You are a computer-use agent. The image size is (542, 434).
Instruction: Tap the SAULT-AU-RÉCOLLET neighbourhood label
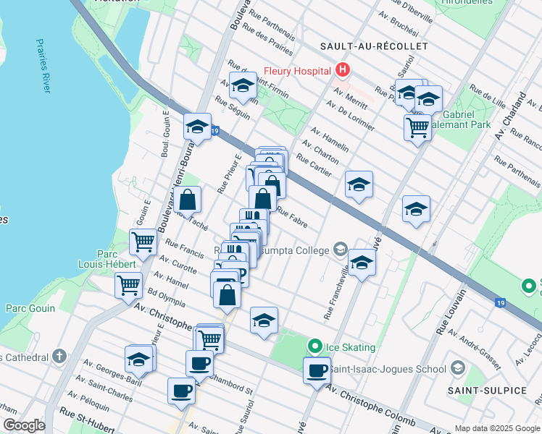click(374, 46)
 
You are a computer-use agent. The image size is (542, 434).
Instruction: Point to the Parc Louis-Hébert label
click(117, 260)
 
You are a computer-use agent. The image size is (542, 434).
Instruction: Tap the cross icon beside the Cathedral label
click(59, 357)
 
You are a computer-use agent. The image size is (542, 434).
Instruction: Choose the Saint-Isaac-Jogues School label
click(388, 369)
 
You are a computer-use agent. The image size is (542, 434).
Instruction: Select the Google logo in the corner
click(24, 425)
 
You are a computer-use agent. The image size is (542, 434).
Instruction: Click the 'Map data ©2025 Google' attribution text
click(497, 427)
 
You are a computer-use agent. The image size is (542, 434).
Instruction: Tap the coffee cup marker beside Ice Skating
click(316, 370)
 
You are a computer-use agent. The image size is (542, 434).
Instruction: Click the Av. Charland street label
click(510, 116)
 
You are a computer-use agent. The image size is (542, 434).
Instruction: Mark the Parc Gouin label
click(30, 308)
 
